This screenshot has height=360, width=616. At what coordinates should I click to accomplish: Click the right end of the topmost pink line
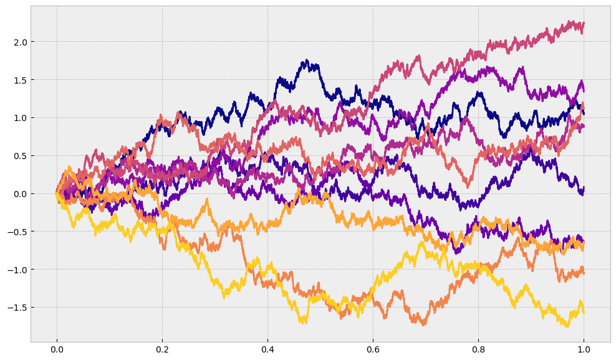(x=584, y=24)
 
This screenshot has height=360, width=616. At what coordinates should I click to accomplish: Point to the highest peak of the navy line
(x=306, y=61)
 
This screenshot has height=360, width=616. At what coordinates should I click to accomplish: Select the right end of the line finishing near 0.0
(x=584, y=188)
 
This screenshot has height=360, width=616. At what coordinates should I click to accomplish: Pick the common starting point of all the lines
(x=57, y=194)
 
